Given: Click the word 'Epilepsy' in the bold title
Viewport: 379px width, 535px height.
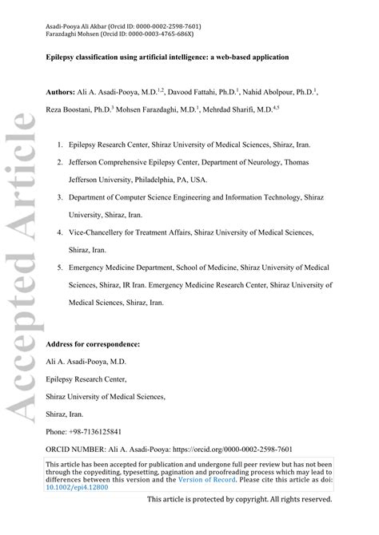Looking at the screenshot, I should point(62,58).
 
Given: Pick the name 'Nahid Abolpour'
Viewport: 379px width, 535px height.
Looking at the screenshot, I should point(270,93).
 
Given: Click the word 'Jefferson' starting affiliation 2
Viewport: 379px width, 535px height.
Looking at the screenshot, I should point(86,163).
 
